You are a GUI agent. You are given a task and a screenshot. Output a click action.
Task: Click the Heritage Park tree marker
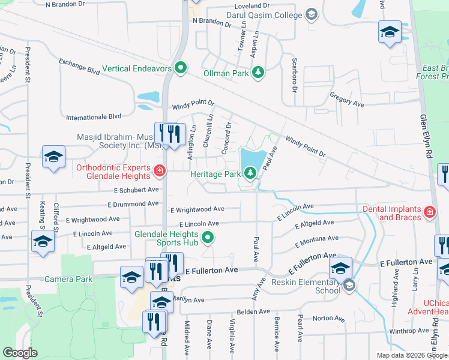click(x=250, y=173)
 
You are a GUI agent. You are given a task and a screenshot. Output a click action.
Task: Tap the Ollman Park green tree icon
click(x=258, y=73)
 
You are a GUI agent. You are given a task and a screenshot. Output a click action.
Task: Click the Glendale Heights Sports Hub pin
click(x=208, y=238)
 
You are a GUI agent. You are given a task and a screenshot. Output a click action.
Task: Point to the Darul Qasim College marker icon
click(x=311, y=14)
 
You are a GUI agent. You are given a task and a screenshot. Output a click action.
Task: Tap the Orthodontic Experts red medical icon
click(x=159, y=171)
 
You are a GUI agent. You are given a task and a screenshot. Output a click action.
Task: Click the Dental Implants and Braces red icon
click(x=429, y=211)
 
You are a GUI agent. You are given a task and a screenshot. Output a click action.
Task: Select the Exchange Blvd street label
click(x=79, y=66)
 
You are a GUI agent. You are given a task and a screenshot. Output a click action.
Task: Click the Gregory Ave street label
click(x=347, y=100)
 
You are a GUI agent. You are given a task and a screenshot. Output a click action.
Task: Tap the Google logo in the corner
click(x=20, y=353)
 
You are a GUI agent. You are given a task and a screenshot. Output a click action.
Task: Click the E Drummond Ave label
click(x=131, y=205)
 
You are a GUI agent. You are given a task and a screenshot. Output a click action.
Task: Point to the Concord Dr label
click(x=228, y=138)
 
